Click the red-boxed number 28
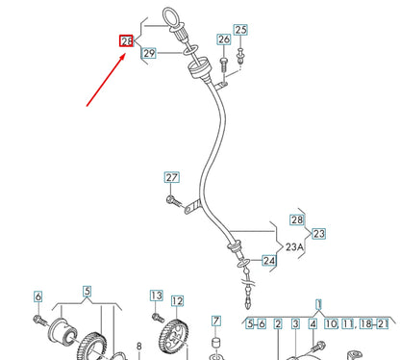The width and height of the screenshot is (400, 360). (x=126, y=41)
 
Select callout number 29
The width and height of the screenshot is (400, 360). (x=149, y=55)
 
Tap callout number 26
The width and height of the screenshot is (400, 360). (x=224, y=39)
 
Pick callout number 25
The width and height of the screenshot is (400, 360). (x=240, y=31)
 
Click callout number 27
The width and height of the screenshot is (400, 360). (x=171, y=178)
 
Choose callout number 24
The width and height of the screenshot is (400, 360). (x=268, y=260)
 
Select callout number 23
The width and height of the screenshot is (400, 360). (x=319, y=233)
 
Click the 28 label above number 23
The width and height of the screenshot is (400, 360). (x=296, y=220)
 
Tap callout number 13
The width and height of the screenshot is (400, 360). (x=157, y=296)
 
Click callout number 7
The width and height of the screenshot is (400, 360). (x=216, y=321)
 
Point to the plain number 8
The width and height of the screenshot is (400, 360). (x=138, y=347)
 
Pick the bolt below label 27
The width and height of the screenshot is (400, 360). (x=172, y=200)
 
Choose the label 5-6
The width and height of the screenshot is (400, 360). (x=255, y=323)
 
